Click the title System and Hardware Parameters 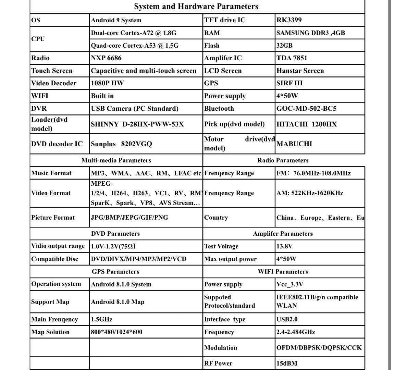(196, 7)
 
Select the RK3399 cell (289, 20)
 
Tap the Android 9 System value (116, 20)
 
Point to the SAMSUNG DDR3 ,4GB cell (310, 33)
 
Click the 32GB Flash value (284, 46)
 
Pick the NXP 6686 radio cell (106, 58)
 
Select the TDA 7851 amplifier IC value (292, 58)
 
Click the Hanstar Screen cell (300, 71)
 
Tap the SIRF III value (290, 83)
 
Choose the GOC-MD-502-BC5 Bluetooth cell (306, 109)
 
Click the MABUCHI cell (294, 144)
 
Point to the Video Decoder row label (54, 83)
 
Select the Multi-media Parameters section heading (116, 160)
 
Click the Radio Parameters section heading (283, 160)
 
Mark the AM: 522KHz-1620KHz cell (310, 193)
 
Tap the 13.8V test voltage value (284, 246)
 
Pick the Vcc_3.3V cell (290, 284)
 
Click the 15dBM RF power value (287, 363)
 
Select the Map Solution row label (50, 332)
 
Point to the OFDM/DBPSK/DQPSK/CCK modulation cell (319, 348)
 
